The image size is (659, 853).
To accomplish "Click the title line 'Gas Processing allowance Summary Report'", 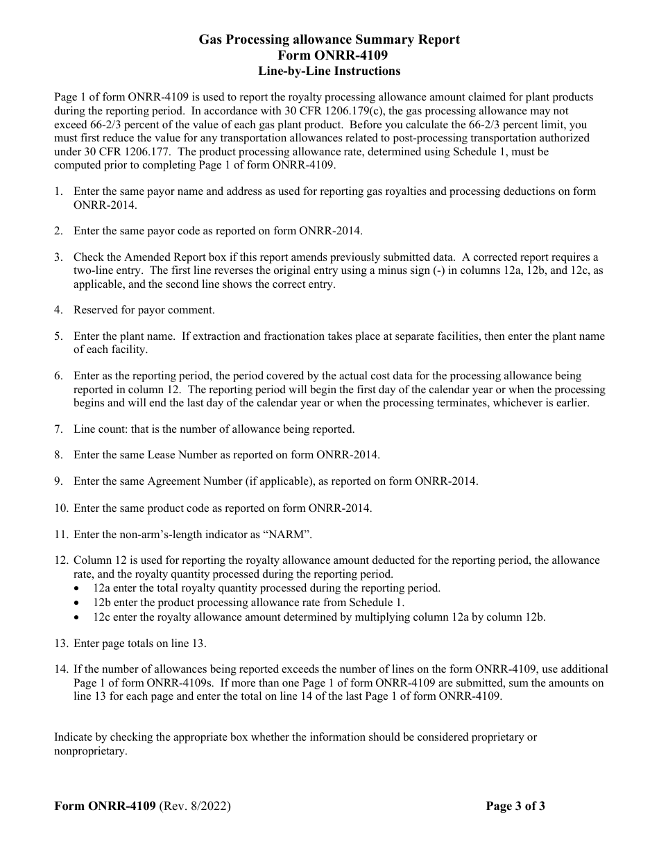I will [x=329, y=40].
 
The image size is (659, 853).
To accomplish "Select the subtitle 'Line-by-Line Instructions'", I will [x=329, y=71].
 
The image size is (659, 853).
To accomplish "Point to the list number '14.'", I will [x=61, y=669].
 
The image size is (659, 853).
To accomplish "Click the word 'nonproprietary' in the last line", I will [x=90, y=751].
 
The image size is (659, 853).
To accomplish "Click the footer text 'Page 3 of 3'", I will [x=515, y=806].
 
